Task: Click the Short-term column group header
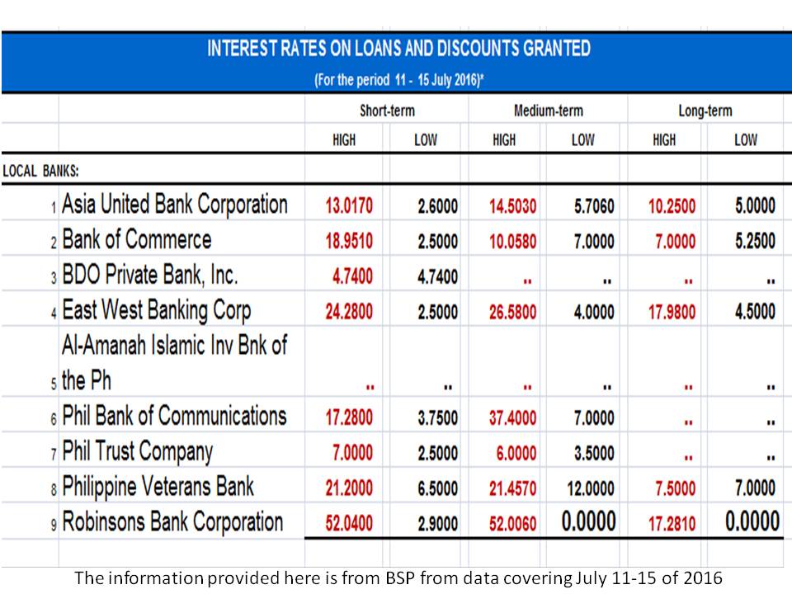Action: (386, 111)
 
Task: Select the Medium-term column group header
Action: (548, 111)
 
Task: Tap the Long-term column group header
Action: (705, 111)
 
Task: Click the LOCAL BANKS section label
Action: (40, 171)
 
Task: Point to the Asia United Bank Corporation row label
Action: (175, 205)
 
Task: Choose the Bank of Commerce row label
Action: (137, 240)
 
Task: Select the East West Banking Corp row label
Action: (157, 311)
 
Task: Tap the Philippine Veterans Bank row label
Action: (158, 487)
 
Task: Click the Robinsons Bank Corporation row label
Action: (172, 522)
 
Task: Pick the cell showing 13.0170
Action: (349, 206)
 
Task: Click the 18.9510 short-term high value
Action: (349, 242)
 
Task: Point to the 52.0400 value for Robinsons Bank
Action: (349, 524)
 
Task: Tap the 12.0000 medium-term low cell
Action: (591, 488)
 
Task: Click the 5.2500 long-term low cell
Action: (755, 242)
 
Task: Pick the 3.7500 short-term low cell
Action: (437, 418)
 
